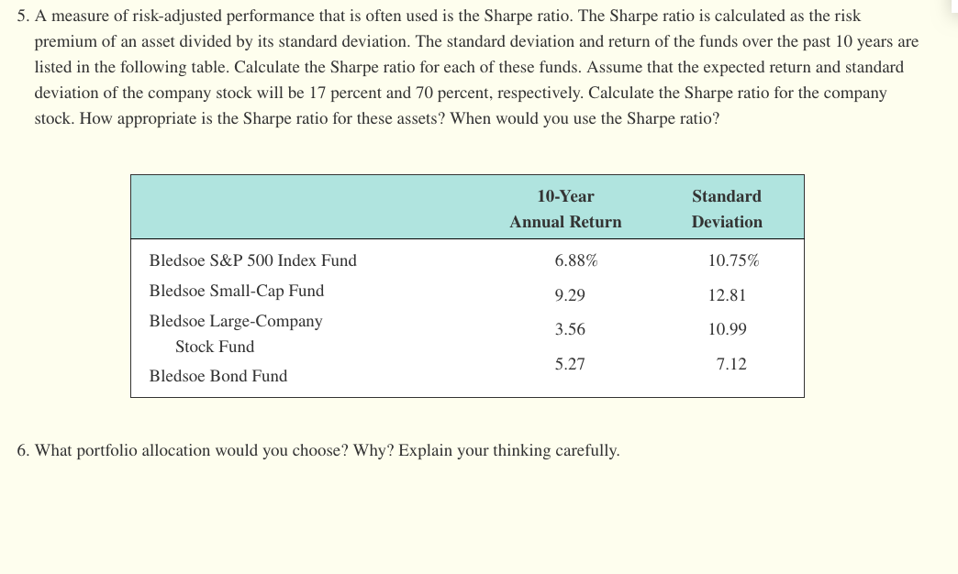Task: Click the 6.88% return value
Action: (575, 260)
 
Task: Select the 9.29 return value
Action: (570, 295)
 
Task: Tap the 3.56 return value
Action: (570, 329)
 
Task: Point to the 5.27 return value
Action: (570, 364)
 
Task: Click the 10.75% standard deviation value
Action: (733, 260)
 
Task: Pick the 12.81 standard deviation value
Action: (727, 295)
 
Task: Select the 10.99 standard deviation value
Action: (727, 329)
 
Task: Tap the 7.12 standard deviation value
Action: (731, 364)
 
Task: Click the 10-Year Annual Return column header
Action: (565, 209)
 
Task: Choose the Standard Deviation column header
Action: (727, 209)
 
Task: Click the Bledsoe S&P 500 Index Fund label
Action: (252, 260)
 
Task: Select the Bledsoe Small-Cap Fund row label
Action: (236, 291)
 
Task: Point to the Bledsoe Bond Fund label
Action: (217, 376)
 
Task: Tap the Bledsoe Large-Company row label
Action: (236, 322)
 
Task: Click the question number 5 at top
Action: (22, 17)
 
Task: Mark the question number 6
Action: (22, 451)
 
